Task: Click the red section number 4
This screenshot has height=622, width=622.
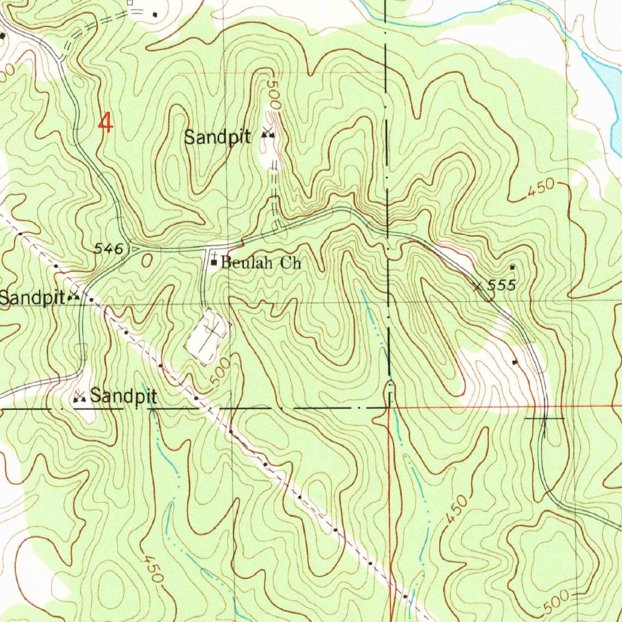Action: tap(106, 124)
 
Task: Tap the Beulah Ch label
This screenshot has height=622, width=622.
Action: tap(261, 264)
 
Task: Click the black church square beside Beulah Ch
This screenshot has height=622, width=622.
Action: tap(214, 263)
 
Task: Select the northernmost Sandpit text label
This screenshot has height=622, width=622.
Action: tap(217, 137)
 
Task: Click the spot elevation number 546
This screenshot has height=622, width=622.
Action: tap(111, 248)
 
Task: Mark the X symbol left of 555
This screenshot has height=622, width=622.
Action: tap(480, 284)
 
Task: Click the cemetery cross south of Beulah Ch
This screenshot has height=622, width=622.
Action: tap(211, 333)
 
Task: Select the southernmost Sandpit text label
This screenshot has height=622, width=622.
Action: tap(124, 397)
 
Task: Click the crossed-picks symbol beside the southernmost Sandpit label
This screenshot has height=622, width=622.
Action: tap(79, 398)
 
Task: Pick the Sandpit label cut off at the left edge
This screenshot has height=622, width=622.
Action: tap(32, 298)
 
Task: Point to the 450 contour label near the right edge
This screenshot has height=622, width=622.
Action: tap(540, 189)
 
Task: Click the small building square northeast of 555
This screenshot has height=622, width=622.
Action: tap(512, 267)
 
